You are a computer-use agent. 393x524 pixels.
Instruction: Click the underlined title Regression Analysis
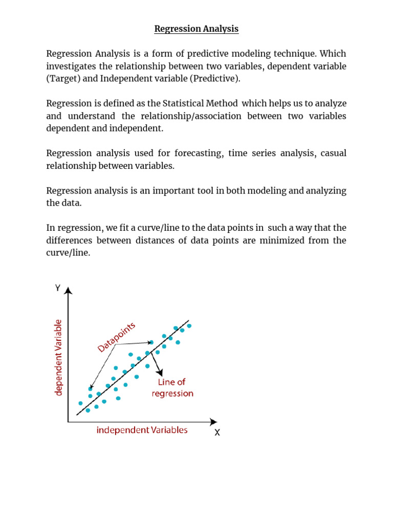click(x=196, y=29)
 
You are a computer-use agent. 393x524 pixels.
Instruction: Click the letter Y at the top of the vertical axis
click(x=57, y=288)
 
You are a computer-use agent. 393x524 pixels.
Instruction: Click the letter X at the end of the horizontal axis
click(x=217, y=433)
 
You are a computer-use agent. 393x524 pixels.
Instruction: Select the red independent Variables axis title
click(x=142, y=430)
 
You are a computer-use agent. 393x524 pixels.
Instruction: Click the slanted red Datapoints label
click(x=117, y=337)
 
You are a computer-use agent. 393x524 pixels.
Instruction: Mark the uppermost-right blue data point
click(x=189, y=326)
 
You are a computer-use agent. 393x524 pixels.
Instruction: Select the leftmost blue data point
click(x=80, y=403)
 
